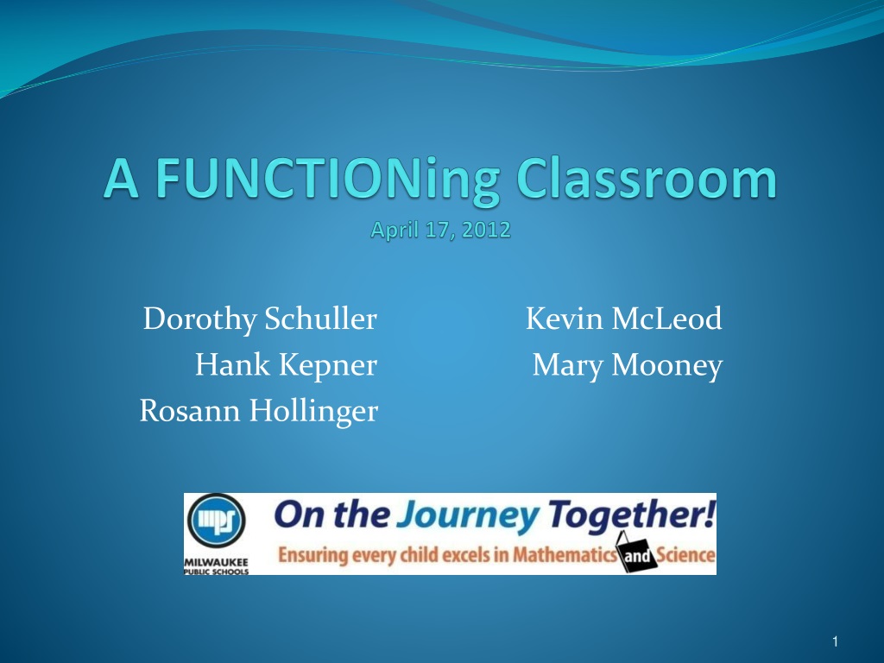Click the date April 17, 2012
point(441,230)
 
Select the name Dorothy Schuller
point(260,319)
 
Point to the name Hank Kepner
point(286,365)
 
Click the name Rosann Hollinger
point(259,411)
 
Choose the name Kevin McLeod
point(623,319)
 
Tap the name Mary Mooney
point(628,365)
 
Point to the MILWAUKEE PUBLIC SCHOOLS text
point(217,566)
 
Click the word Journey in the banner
point(467,517)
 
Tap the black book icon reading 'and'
point(636,553)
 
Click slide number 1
point(835,641)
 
